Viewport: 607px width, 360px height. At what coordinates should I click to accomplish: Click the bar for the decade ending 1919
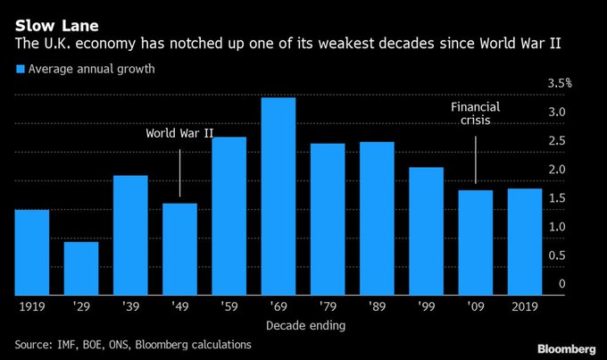[x=31, y=252]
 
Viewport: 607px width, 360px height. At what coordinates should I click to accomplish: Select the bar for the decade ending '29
[x=80, y=268]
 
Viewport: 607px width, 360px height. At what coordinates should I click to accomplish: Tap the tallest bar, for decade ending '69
[x=278, y=196]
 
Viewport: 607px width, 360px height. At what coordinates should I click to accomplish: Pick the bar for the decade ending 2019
[x=523, y=241]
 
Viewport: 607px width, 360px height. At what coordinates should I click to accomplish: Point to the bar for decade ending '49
[x=179, y=248]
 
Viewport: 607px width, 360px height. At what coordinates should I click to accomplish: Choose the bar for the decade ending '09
[x=474, y=242]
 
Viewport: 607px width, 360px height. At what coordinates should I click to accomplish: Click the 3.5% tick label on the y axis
[x=560, y=83]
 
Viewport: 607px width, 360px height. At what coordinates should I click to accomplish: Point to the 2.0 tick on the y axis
[x=556, y=169]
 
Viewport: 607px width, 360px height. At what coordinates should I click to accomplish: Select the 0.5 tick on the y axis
[x=556, y=255]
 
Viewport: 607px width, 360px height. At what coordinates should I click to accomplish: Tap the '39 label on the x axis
[x=130, y=306]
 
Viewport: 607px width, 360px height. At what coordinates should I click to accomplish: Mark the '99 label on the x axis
[x=425, y=306]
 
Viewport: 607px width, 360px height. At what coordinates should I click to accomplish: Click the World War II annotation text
[x=180, y=134]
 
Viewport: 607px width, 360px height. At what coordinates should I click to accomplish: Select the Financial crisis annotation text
[x=474, y=114]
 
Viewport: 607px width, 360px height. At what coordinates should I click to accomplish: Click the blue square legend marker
[x=19, y=70]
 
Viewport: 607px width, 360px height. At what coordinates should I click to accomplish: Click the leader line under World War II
[x=180, y=172]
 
